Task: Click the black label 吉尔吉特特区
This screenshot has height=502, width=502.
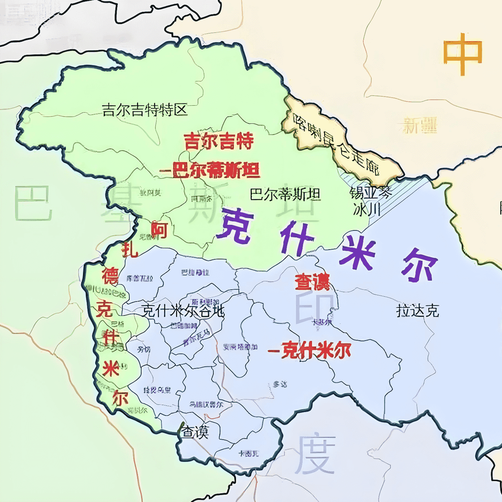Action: (x=145, y=110)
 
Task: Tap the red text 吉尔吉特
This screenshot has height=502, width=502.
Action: (x=219, y=142)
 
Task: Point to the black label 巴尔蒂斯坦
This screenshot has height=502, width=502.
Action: (x=285, y=194)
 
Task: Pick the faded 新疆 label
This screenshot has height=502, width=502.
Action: (x=420, y=125)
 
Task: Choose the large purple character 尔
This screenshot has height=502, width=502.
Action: (x=419, y=265)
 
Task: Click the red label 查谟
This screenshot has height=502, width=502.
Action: (x=312, y=282)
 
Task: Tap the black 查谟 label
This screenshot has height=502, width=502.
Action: (x=195, y=432)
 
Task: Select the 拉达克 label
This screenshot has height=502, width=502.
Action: (x=418, y=311)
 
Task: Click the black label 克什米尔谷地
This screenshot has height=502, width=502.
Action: (x=183, y=311)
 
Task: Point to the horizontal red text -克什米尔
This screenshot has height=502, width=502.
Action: (x=310, y=351)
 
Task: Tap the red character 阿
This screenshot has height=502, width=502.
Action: (x=159, y=230)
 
